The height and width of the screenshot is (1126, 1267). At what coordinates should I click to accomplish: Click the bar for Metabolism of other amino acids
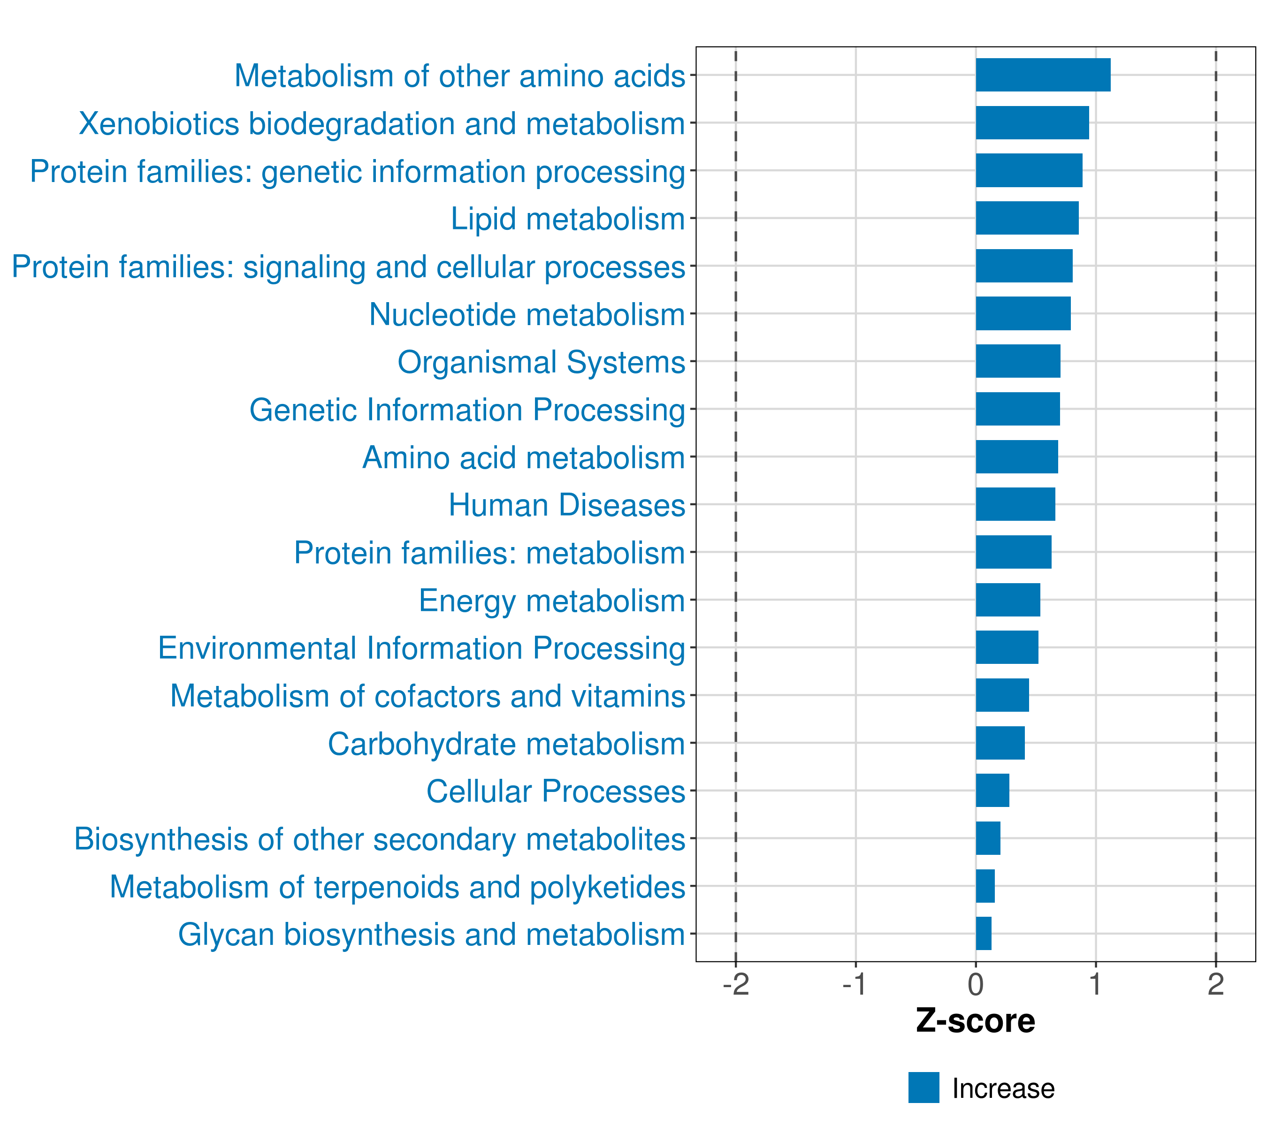(x=1043, y=75)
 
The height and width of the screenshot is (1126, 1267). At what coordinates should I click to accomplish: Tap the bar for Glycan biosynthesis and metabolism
(x=983, y=933)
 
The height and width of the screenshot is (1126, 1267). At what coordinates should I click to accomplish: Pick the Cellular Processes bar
(x=992, y=790)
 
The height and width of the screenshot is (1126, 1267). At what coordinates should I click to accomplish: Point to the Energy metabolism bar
(x=1007, y=600)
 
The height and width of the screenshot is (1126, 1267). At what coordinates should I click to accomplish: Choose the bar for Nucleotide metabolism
(x=1023, y=313)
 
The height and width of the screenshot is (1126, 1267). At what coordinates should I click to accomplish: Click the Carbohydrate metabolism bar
(x=1000, y=743)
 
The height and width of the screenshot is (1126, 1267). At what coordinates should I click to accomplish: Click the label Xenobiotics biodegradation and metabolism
(x=382, y=124)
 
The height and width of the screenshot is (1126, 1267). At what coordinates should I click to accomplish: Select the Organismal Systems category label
(x=541, y=362)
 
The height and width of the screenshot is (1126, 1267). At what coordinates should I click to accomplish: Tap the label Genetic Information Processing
(x=467, y=410)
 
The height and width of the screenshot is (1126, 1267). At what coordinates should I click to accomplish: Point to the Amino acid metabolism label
(x=523, y=458)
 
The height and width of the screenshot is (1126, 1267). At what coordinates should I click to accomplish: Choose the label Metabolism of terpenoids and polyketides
(x=397, y=887)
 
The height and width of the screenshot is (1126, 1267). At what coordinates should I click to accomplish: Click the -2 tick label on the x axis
(x=736, y=984)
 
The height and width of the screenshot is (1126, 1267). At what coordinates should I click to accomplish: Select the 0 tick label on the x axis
(x=976, y=984)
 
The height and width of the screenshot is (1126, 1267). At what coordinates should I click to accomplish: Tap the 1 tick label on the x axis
(x=1095, y=984)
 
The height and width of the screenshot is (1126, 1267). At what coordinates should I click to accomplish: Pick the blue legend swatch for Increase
(x=924, y=1088)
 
